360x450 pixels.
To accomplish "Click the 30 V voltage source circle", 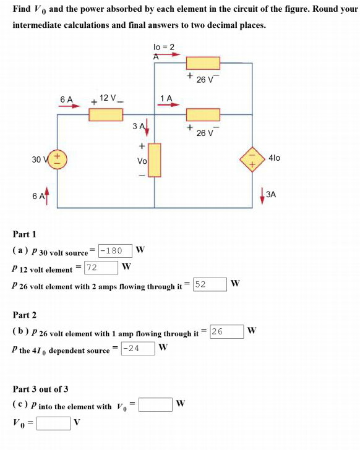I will [59, 159].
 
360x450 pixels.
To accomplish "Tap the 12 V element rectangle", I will [105, 114].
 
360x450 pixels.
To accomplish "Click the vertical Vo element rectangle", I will [154, 159].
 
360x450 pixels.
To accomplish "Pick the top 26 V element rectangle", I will [202, 63].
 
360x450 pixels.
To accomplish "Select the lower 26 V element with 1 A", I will [202, 114].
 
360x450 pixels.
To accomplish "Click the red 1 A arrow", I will [167, 105].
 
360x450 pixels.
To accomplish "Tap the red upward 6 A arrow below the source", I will [47, 197].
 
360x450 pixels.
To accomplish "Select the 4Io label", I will [275, 158].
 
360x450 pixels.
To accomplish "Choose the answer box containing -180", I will [114, 250].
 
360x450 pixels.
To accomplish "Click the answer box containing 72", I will [101, 268].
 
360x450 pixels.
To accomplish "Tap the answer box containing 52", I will [209, 284].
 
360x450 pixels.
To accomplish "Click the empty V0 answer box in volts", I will [53, 423].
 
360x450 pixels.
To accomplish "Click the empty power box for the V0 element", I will [155, 405].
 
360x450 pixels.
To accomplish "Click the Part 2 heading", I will [25, 315].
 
